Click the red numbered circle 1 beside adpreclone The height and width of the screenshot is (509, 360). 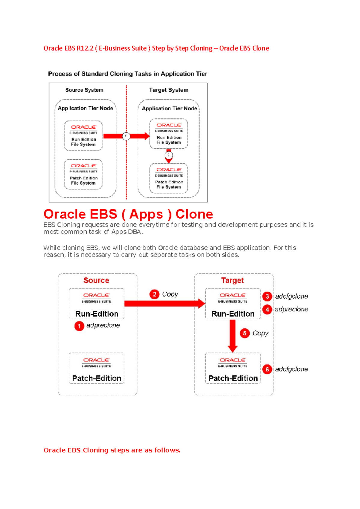(x=79, y=326)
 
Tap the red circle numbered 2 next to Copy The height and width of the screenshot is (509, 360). (x=154, y=294)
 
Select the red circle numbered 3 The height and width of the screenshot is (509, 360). (x=267, y=296)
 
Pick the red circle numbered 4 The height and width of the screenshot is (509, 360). (x=267, y=309)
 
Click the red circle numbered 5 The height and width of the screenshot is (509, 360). (x=244, y=333)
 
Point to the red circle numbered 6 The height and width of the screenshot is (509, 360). (x=267, y=369)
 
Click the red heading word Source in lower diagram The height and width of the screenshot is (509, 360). (x=96, y=280)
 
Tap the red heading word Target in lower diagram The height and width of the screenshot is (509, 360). (x=232, y=280)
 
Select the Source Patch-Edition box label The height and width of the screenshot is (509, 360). (x=97, y=378)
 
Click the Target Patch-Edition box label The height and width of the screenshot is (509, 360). (x=233, y=378)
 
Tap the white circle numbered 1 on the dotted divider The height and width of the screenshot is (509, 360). (x=126, y=136)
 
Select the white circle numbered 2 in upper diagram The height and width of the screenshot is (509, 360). (x=169, y=155)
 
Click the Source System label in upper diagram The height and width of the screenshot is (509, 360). (x=84, y=90)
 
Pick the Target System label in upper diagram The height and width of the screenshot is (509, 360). (x=169, y=90)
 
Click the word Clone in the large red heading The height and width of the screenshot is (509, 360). (x=194, y=214)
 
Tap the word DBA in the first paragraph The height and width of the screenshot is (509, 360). (x=135, y=232)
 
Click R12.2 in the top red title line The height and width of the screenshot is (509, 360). (x=85, y=48)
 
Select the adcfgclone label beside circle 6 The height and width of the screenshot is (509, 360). (x=291, y=369)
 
